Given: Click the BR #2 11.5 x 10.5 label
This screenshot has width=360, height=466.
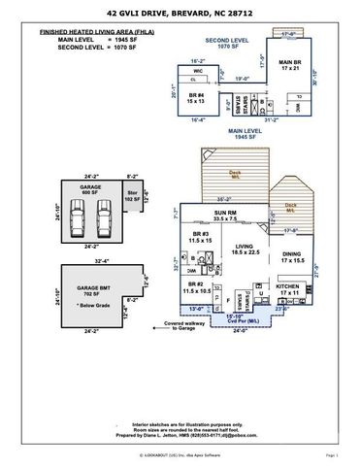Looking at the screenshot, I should [x=198, y=288].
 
